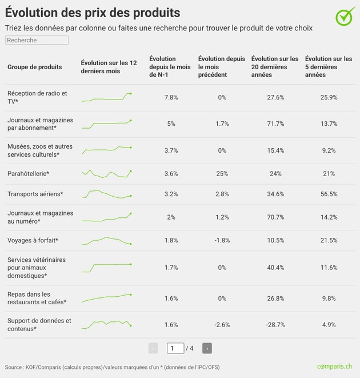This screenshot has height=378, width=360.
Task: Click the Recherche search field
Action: point(37,40)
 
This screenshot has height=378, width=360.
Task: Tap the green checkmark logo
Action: point(345,17)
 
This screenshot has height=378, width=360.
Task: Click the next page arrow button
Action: point(207,348)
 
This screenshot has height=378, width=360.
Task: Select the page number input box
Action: point(175,348)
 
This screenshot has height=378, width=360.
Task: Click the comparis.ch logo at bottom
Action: point(334,367)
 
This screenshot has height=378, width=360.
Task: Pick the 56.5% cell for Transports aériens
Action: point(329,194)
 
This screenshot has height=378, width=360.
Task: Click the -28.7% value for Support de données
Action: point(275,325)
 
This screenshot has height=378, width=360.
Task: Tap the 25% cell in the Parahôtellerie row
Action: point(222,174)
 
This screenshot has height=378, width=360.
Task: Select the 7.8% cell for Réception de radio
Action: point(171,98)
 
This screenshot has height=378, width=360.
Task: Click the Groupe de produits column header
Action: point(35,67)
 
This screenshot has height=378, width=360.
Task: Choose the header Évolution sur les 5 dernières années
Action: point(329,67)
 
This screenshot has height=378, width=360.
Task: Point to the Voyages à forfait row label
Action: point(33,240)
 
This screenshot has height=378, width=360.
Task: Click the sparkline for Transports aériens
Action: point(107,194)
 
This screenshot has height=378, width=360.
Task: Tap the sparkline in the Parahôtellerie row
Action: point(107,173)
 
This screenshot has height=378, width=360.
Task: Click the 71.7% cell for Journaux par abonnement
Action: point(275,124)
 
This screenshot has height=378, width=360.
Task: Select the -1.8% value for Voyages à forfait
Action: point(222,240)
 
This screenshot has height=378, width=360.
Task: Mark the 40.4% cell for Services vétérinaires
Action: point(275,268)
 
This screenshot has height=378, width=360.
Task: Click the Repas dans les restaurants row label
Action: point(37,298)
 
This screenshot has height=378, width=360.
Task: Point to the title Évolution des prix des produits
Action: point(93,13)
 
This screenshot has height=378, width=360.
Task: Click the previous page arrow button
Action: point(153,348)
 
